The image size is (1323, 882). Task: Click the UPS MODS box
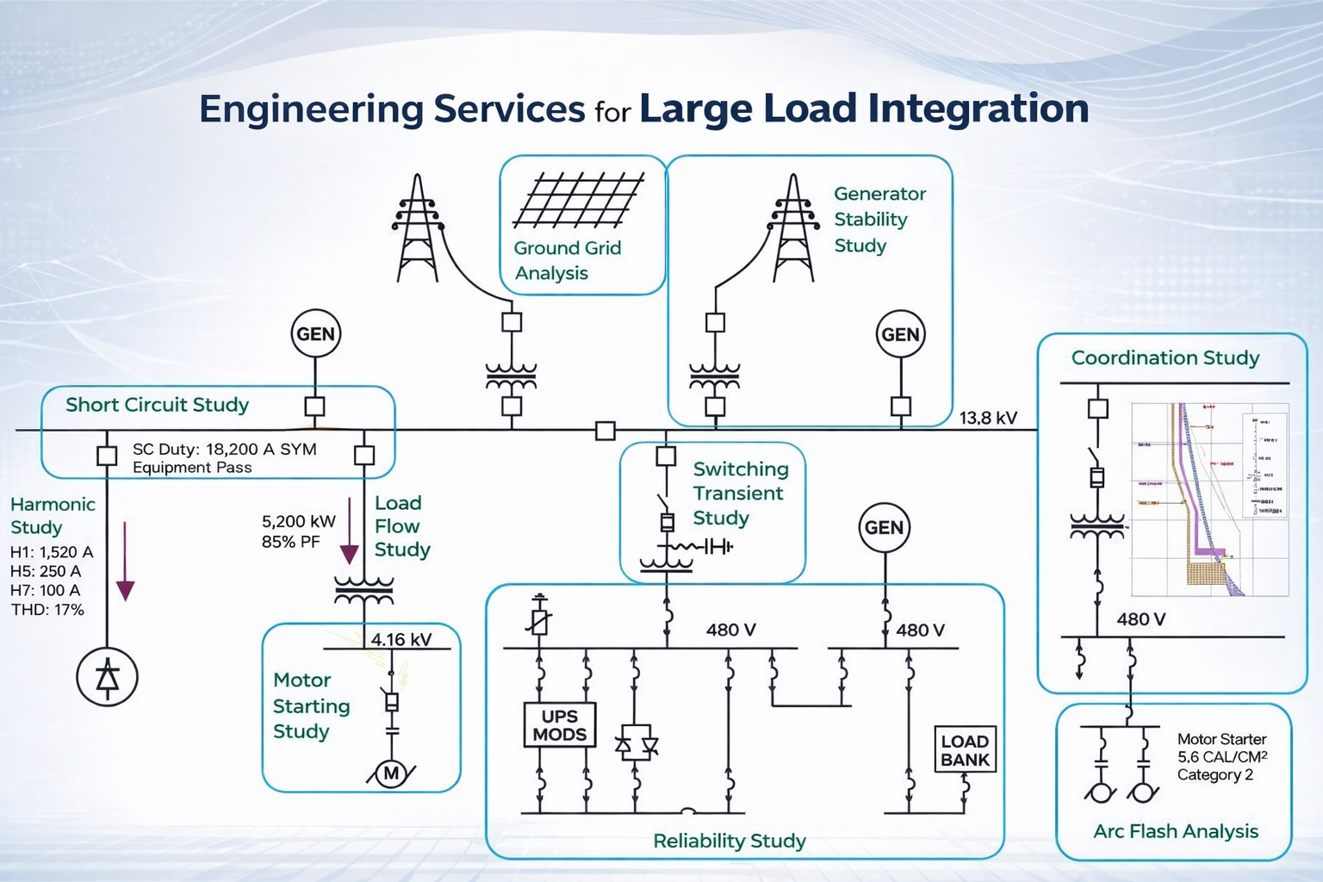(x=559, y=725)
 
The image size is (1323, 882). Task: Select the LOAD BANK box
(x=965, y=750)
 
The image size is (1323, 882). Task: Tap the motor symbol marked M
(x=391, y=773)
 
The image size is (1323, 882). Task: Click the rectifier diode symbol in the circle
(x=107, y=678)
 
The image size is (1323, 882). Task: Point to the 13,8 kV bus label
(x=988, y=419)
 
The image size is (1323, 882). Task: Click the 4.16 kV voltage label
(x=401, y=640)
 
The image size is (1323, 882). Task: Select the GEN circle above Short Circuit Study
(x=315, y=334)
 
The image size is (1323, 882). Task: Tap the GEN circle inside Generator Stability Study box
(x=900, y=335)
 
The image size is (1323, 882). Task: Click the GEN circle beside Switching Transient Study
(x=884, y=527)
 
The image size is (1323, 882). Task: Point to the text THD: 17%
(x=47, y=610)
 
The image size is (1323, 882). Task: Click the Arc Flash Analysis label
(x=1175, y=831)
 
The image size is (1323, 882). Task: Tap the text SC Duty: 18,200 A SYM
(x=224, y=449)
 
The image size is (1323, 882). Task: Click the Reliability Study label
(x=729, y=841)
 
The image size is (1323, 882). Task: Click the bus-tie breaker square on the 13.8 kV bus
(x=606, y=431)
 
